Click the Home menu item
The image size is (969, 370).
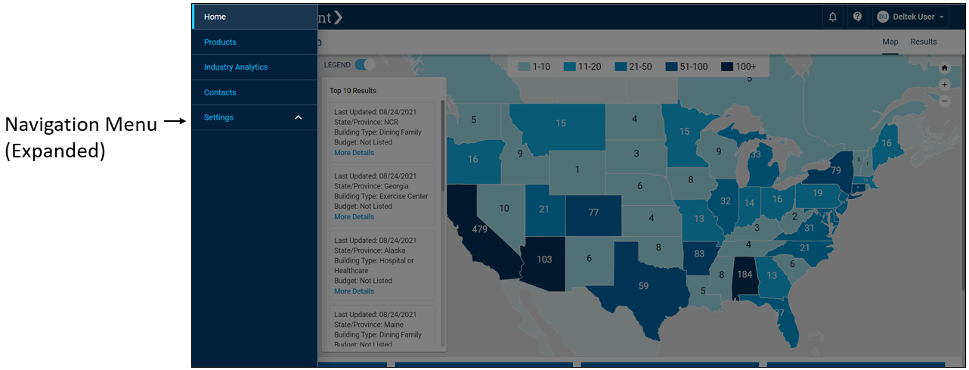pos(215,17)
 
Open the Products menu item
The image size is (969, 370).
pos(220,42)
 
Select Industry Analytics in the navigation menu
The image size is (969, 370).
pos(236,67)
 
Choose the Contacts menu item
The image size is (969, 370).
pos(220,92)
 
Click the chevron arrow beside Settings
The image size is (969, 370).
pos(298,117)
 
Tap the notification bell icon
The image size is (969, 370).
pos(832,17)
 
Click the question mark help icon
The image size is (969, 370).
pos(857,17)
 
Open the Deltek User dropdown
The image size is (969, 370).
pos(911,17)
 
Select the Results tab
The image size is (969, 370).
pos(923,42)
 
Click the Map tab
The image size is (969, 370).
pos(890,42)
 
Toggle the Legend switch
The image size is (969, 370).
pos(366,65)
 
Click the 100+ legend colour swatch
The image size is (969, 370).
pos(727,67)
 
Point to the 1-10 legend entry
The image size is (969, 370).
pos(534,67)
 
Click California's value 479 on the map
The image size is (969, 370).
pos(479,229)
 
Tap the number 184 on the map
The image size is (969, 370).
pos(745,274)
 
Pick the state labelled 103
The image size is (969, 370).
pos(544,259)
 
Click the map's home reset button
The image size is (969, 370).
pos(944,67)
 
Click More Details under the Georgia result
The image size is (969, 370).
pos(354,216)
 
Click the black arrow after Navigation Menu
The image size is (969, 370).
pos(175,121)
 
